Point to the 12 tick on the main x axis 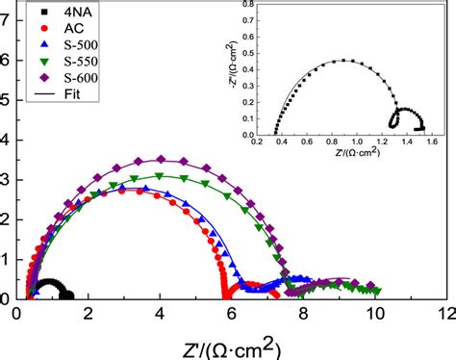point(445,313)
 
